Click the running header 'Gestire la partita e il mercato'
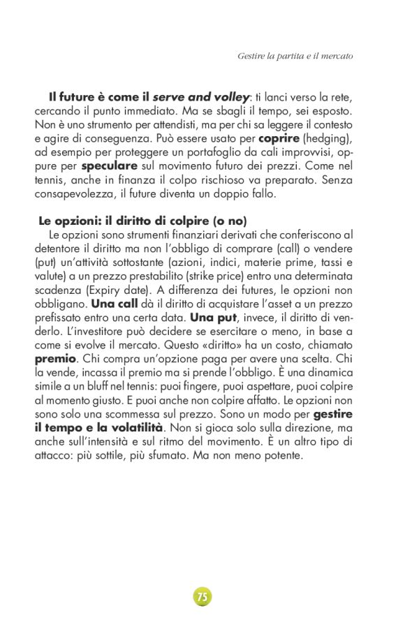click(x=295, y=55)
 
